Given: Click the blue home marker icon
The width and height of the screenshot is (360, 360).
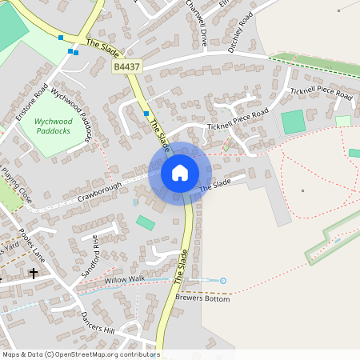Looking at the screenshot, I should click(x=180, y=173).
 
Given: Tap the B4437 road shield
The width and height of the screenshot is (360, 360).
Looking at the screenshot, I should click(x=127, y=70).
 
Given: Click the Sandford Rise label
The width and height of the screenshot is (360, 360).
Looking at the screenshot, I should click(x=90, y=256).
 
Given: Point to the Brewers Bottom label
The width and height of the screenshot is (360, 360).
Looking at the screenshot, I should click(x=203, y=297).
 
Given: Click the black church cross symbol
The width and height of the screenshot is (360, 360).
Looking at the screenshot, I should click(x=34, y=273).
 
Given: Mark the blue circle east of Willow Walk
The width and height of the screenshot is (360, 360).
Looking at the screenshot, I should click(x=223, y=280).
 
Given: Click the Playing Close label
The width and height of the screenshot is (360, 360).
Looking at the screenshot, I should click(x=17, y=183).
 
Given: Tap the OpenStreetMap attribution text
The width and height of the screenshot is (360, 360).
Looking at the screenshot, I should click(x=80, y=354).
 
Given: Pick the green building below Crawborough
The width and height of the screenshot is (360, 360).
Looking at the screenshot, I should click(x=146, y=222).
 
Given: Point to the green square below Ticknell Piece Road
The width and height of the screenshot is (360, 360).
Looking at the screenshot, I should click(x=294, y=122).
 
